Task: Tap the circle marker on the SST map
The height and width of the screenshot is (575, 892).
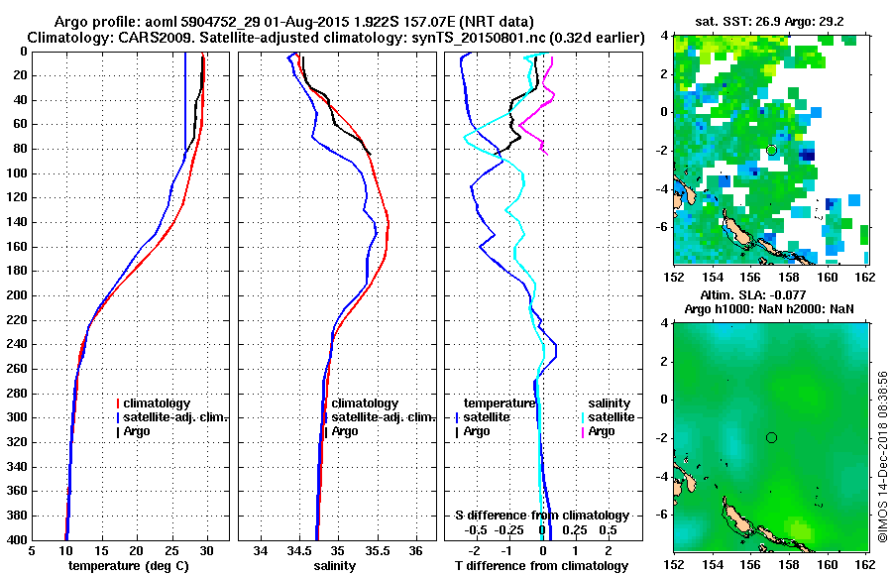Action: (771, 150)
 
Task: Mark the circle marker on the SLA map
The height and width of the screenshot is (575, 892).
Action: (771, 437)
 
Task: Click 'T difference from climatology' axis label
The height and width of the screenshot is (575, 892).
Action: (541, 566)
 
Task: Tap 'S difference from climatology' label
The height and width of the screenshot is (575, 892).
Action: (541, 516)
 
